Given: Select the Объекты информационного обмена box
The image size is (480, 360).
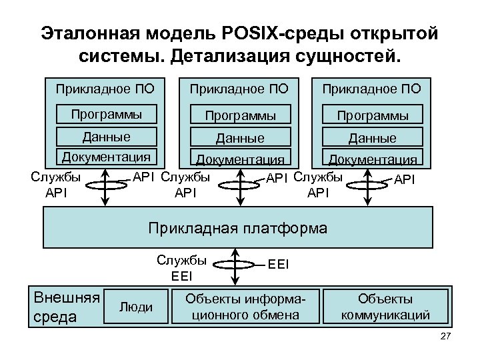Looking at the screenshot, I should (245, 307).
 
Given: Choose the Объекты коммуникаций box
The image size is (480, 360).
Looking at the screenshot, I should (385, 307).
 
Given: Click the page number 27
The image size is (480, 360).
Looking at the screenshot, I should (446, 339).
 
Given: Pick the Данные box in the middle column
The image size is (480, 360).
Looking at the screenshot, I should (239, 138).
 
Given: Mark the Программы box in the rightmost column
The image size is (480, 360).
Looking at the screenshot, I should (373, 115).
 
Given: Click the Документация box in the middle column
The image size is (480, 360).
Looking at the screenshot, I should (239, 159).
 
